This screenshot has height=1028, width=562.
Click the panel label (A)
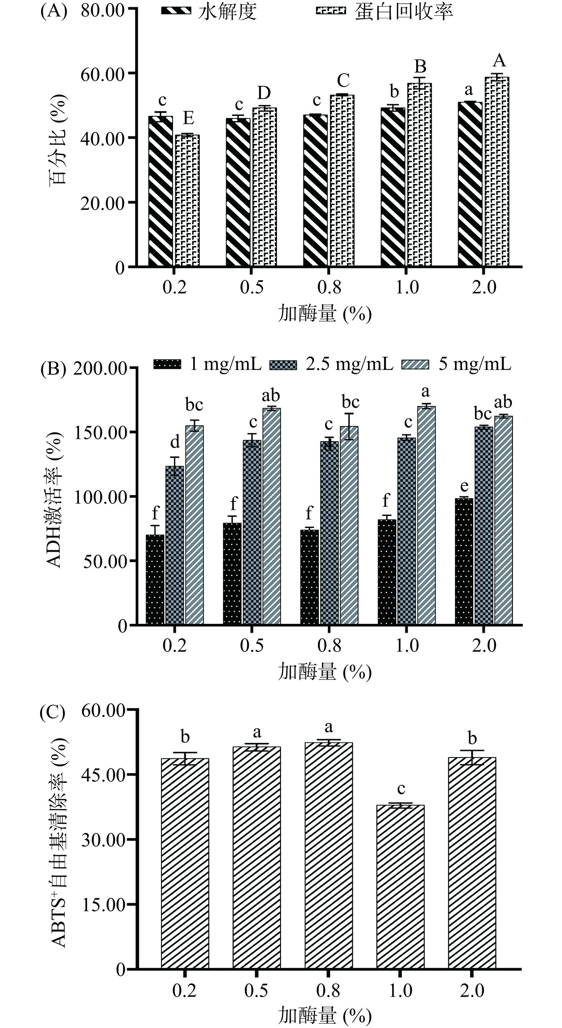tap(54, 11)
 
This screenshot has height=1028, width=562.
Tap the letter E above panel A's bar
tap(188, 119)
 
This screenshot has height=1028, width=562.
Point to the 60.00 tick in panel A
tap(102, 73)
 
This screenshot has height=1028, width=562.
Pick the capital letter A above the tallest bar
tap(499, 61)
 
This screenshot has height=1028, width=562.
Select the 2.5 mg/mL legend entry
tap(332, 364)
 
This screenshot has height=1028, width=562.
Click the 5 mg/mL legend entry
tap(457, 364)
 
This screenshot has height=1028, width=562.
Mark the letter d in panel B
tap(175, 442)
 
